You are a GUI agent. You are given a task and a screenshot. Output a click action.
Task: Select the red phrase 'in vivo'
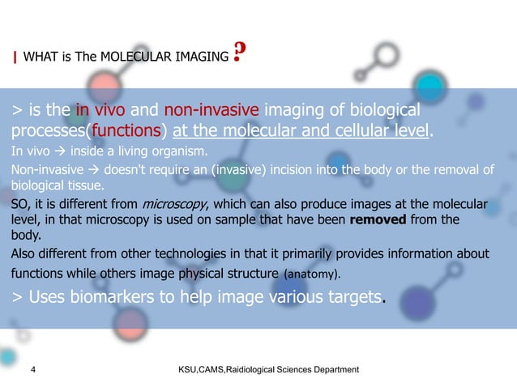[x=105, y=110]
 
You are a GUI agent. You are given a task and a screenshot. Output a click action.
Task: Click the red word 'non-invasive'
[x=211, y=110]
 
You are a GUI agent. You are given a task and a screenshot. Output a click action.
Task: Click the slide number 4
[x=32, y=370]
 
